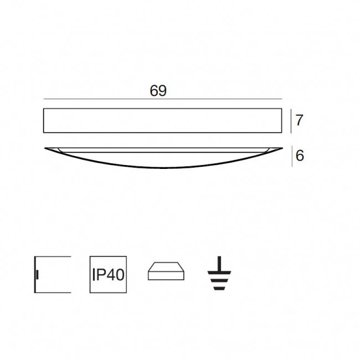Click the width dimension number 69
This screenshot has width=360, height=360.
158,91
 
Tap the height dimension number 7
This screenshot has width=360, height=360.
299,120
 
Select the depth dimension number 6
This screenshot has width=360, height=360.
300,156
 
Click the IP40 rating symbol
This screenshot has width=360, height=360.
108,274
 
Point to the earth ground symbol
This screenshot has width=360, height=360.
219,273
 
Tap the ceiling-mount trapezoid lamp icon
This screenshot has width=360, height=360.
166,271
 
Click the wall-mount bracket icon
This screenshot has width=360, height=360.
53,274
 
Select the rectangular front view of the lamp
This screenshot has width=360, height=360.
162,121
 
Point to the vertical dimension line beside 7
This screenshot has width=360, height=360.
291,121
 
